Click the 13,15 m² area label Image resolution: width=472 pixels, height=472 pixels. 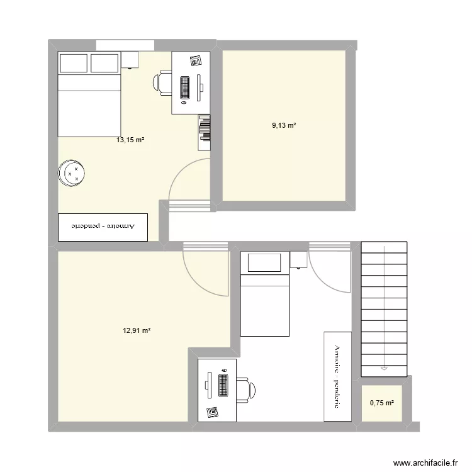(x=130, y=140)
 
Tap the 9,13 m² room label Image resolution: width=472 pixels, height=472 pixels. (x=284, y=126)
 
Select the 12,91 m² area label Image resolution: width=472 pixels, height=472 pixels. (x=137, y=330)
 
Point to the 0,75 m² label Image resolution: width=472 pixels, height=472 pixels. (x=381, y=403)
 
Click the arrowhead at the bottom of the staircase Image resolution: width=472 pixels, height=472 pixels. (x=383, y=367)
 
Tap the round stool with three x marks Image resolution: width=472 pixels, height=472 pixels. (x=70, y=174)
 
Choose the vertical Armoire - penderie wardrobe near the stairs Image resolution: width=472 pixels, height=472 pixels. (x=337, y=376)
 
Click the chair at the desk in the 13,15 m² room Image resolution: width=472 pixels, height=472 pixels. (x=162, y=82)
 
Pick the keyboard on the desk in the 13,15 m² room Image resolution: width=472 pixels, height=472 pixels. (x=185, y=87)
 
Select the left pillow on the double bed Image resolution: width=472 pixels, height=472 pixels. (x=73, y=63)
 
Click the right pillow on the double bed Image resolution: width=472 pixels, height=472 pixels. (x=104, y=63)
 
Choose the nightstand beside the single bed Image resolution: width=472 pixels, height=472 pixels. (x=298, y=259)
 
